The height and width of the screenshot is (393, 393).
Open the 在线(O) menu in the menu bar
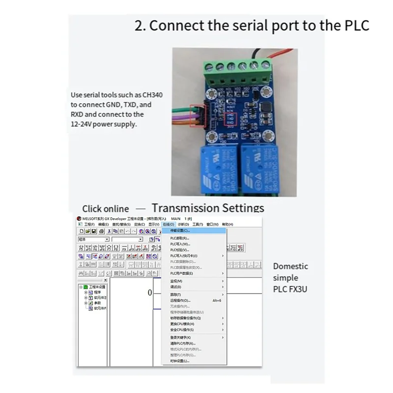[168, 224]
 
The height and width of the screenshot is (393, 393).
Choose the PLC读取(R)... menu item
[180, 238]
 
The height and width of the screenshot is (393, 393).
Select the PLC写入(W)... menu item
[180, 244]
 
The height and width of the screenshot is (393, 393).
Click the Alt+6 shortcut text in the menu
[217, 300]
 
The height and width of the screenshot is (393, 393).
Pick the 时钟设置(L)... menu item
[180, 361]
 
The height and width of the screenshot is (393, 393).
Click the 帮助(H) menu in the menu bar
[227, 224]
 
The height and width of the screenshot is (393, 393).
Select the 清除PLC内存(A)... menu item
[183, 343]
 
